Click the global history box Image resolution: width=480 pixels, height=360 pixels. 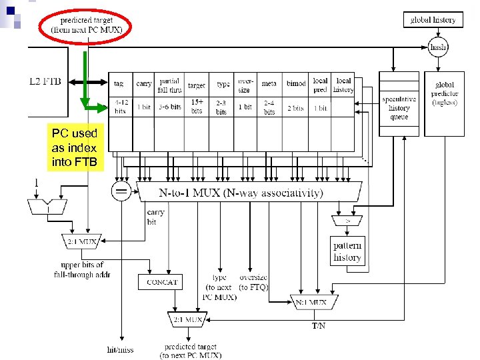(x=433, y=20)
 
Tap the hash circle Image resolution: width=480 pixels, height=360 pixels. (x=438, y=47)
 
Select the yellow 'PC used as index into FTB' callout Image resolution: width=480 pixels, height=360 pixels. (x=74, y=147)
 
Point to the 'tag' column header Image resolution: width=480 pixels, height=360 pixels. (x=119, y=84)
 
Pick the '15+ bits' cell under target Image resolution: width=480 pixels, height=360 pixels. (x=197, y=106)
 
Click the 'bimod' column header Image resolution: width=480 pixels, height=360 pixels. (x=296, y=84)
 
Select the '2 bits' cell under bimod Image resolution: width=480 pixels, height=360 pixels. (x=296, y=107)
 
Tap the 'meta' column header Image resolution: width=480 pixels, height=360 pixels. (x=269, y=84)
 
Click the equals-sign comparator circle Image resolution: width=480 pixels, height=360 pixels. (x=121, y=193)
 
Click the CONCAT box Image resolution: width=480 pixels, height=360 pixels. (x=162, y=282)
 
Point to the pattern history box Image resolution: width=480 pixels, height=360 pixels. (x=347, y=252)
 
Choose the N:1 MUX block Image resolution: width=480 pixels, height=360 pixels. (x=311, y=302)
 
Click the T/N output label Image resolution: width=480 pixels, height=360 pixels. (x=319, y=326)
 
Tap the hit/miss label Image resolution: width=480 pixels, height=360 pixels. (x=121, y=349)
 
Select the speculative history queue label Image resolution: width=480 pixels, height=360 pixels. (x=399, y=107)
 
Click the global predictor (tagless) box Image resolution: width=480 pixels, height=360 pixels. (x=444, y=93)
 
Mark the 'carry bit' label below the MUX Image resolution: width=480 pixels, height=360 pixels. (x=155, y=217)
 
